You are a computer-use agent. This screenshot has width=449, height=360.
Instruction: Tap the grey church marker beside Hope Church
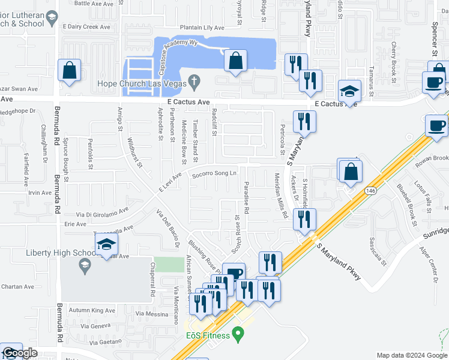(x=194, y=80)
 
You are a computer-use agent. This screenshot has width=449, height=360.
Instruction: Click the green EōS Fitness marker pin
(x=239, y=332)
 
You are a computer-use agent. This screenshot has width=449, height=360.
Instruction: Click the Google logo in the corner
(x=20, y=353)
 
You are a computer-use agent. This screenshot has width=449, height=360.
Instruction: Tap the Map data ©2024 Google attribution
(x=412, y=355)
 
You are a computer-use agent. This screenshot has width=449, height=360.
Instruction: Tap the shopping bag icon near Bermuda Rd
(x=70, y=70)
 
